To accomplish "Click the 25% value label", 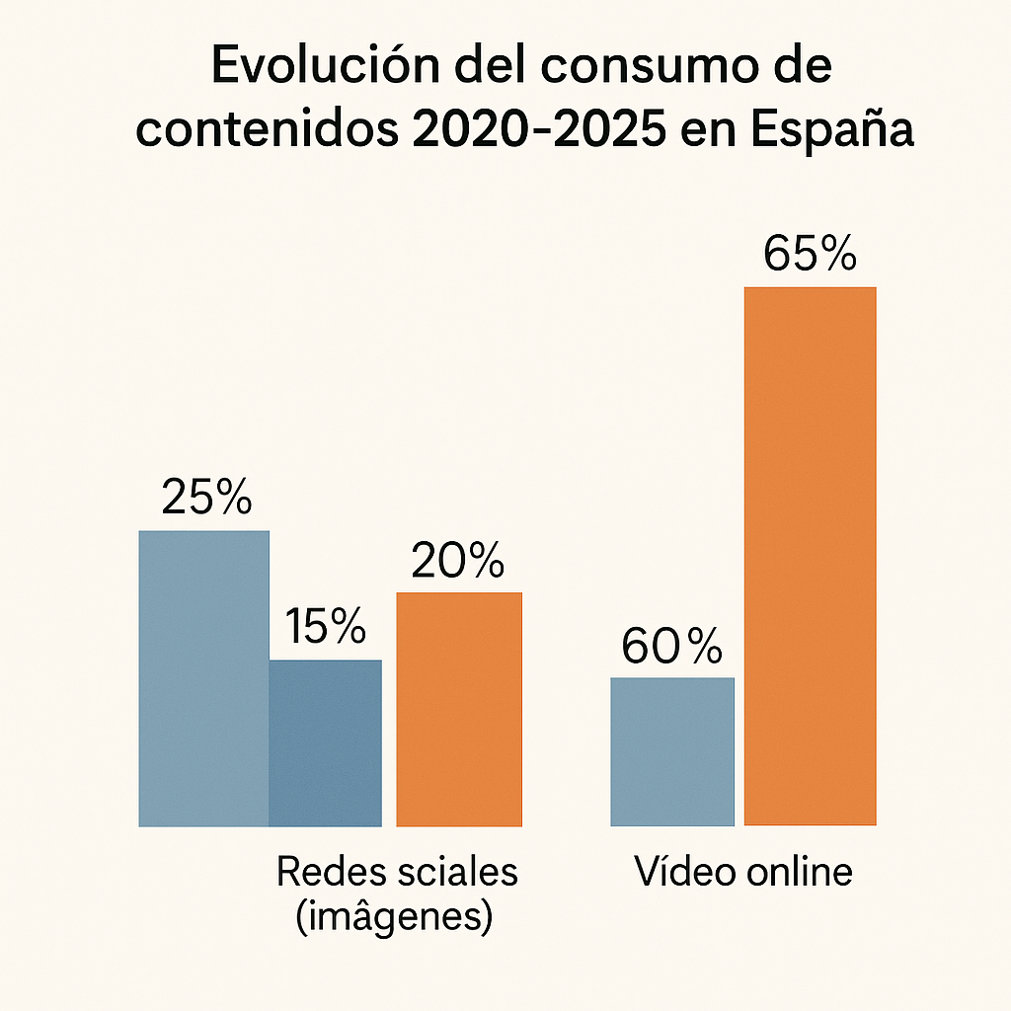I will [x=206, y=500].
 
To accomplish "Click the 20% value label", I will [x=458, y=562].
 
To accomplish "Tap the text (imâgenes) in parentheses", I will [x=394, y=918].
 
